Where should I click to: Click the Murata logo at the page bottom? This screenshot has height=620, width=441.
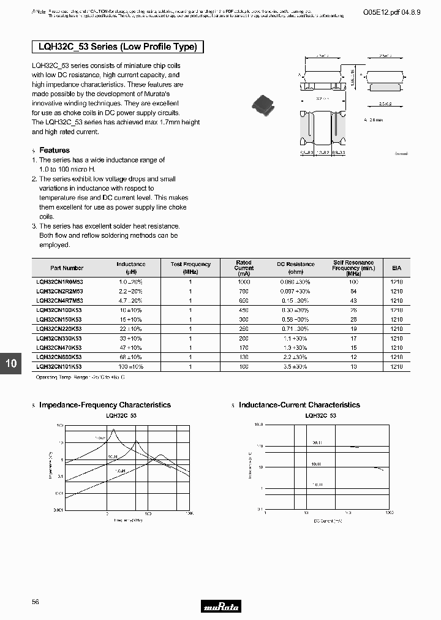point(221,607)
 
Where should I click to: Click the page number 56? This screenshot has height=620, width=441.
point(36,602)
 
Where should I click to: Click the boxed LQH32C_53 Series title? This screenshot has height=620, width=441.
point(117,47)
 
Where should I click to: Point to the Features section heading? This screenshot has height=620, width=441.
point(54,150)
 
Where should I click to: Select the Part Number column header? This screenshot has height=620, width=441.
point(67,268)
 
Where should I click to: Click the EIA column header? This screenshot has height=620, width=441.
point(396,268)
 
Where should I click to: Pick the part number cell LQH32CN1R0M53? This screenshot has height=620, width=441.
point(59,282)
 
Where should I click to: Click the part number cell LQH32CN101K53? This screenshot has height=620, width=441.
point(59,366)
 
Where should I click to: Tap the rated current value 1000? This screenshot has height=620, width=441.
point(244,282)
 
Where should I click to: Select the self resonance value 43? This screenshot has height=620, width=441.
point(353,301)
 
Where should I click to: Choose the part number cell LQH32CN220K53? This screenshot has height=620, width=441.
point(59,329)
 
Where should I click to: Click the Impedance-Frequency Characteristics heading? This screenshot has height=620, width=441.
point(105,405)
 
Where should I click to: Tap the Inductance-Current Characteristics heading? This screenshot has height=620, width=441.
point(299,405)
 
